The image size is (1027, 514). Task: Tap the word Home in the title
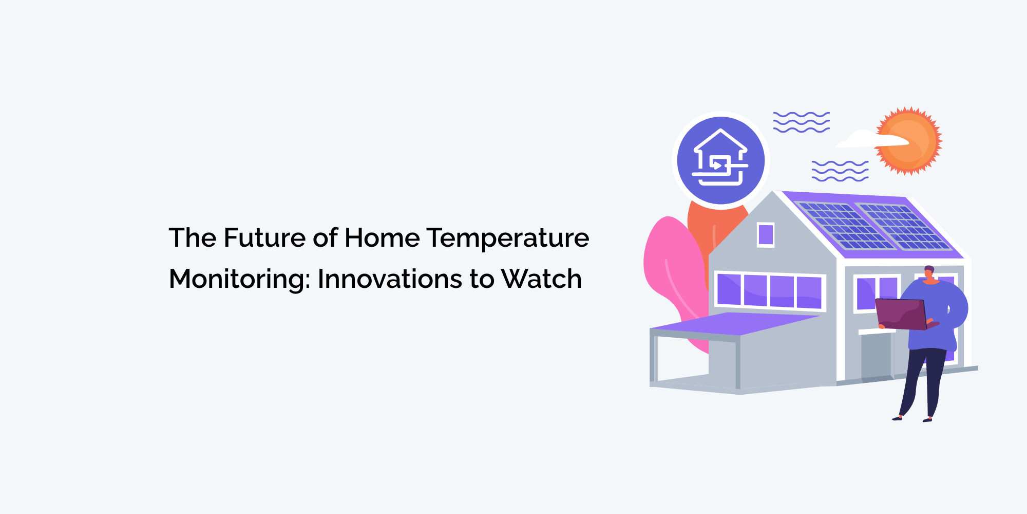[x=382, y=238]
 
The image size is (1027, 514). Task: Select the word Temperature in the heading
[x=508, y=238]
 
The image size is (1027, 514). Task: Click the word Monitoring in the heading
[x=239, y=279]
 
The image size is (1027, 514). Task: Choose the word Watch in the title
[x=541, y=279]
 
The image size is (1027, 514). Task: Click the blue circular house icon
[x=720, y=160]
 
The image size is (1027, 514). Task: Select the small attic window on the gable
[x=766, y=234]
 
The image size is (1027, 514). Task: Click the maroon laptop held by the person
[x=902, y=314]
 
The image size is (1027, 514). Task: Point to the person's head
[x=929, y=272]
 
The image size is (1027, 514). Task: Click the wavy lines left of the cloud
[x=801, y=122]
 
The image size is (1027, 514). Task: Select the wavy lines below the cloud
[x=840, y=171]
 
